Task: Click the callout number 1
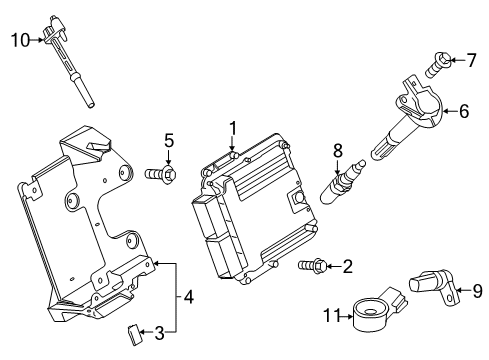pyautogui.click(x=231, y=128)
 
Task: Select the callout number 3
pyautogui.click(x=158, y=332)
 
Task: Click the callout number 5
pyautogui.click(x=169, y=141)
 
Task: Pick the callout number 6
pyautogui.click(x=464, y=112)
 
